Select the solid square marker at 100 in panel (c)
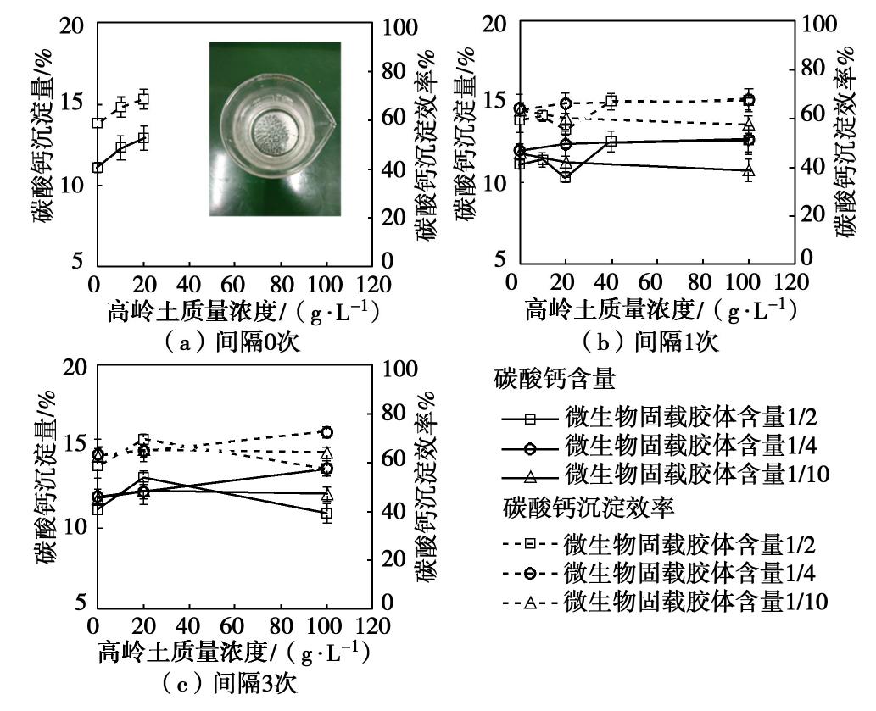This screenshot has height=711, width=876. (x=326, y=513)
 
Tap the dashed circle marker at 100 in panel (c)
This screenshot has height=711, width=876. (x=326, y=432)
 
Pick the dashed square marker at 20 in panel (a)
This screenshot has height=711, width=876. (x=143, y=99)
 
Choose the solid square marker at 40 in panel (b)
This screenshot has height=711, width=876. (x=610, y=141)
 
